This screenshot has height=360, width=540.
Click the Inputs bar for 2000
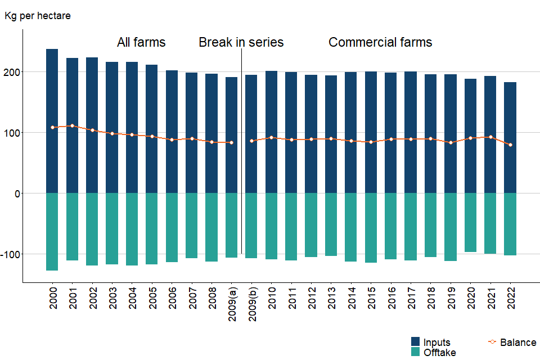coord(52,121)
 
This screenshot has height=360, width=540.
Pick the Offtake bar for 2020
coord(470,222)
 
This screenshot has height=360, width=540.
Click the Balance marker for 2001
coord(72,125)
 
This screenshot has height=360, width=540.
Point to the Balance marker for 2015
coord(371,142)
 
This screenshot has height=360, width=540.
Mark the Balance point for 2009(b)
coord(251,141)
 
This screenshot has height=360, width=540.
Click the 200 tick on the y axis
coord(13,72)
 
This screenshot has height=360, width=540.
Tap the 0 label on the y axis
coord(17,193)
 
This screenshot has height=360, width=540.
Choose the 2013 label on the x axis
coord(331,301)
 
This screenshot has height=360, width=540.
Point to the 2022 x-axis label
coord(511,301)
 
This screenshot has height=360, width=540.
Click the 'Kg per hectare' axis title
coord(38,16)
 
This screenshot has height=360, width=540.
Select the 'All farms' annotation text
coord(141,42)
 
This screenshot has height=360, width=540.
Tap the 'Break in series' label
coord(241,42)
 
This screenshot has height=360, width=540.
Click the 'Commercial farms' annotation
coord(380,42)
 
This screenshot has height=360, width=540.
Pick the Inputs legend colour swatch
coord(416,342)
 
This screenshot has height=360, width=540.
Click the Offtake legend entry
coord(439,353)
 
